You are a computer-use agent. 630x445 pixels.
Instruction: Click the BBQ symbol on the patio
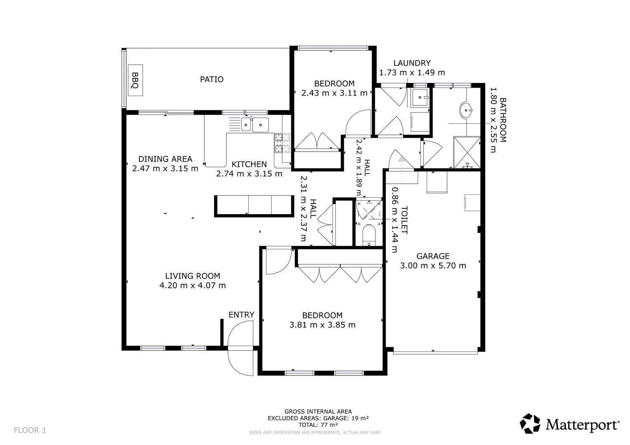coord(135,80)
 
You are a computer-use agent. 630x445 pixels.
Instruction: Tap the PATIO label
coord(212,80)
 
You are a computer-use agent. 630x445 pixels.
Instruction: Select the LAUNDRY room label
coord(412,63)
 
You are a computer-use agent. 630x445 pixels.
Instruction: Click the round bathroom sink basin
coord(466,110)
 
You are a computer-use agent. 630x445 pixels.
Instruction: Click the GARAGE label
coord(433,256)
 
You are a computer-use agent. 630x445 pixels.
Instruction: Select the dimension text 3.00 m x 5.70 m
coord(433,266)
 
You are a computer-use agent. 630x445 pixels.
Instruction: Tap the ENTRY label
coord(241,314)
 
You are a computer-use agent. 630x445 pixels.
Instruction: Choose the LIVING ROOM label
coord(193,276)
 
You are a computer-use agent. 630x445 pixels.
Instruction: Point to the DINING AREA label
coord(165,159)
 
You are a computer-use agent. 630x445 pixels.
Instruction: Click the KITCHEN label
coord(249,164)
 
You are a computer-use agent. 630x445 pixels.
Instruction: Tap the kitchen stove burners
coord(282,143)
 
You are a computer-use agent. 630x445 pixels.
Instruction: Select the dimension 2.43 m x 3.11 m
coord(334,93)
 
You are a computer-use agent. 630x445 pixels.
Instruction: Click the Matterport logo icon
coord(530,423)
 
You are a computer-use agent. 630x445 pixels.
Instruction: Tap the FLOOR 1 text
coord(30,430)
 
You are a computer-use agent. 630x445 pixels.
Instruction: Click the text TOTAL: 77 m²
coord(318,425)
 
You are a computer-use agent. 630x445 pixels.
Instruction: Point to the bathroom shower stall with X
coord(467,152)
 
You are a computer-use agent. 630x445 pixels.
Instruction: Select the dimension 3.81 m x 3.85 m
coord(322,325)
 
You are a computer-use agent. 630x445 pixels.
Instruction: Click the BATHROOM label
coord(503,120)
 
